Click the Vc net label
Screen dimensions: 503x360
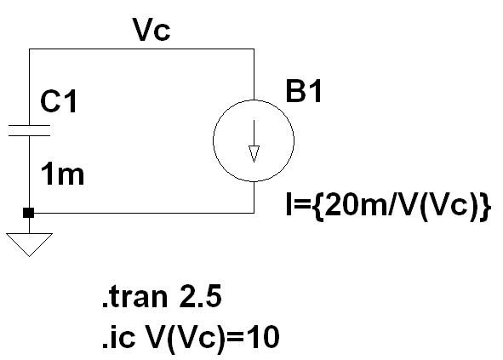151,30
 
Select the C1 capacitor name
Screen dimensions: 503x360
59,101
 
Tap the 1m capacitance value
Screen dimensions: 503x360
62,174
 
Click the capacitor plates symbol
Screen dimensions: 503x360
29,130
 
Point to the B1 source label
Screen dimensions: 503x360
303,91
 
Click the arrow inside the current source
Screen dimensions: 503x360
254,141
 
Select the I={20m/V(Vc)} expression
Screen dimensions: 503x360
388,205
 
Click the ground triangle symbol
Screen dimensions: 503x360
29,245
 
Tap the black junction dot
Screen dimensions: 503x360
29,213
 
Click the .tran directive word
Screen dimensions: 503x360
135,297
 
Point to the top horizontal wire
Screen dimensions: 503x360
142,49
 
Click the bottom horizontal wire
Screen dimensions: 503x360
142,213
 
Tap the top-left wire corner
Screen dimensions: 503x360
29,49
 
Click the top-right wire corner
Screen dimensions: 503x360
254,49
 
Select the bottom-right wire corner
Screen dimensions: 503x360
254,213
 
